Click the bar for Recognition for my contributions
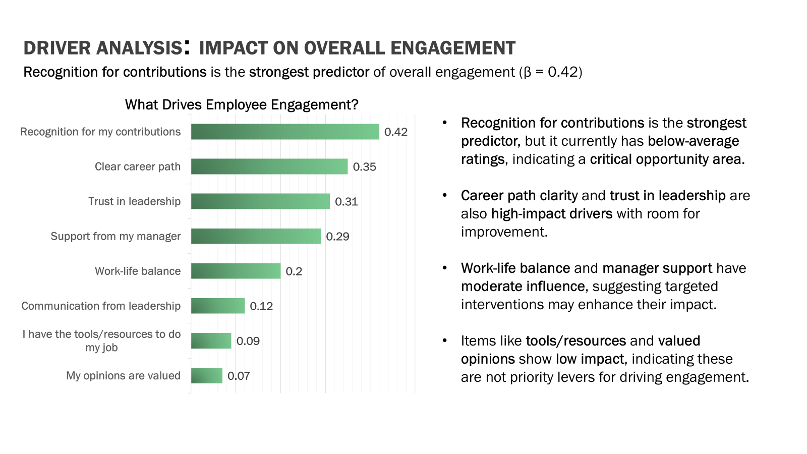pos(285,132)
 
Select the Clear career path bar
pos(269,166)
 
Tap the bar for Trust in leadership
pos(260,201)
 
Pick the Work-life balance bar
pos(236,271)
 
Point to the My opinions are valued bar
pos(207,376)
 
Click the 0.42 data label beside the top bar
pos(396,132)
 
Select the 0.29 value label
pos(337,237)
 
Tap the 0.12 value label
pos(261,306)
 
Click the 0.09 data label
pos(248,341)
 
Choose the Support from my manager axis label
pos(116,236)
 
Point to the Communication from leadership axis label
pos(101,306)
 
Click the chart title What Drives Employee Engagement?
pos(242,104)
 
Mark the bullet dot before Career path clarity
pos(445,195)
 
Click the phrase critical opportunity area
pos(667,159)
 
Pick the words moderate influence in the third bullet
pos(523,287)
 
